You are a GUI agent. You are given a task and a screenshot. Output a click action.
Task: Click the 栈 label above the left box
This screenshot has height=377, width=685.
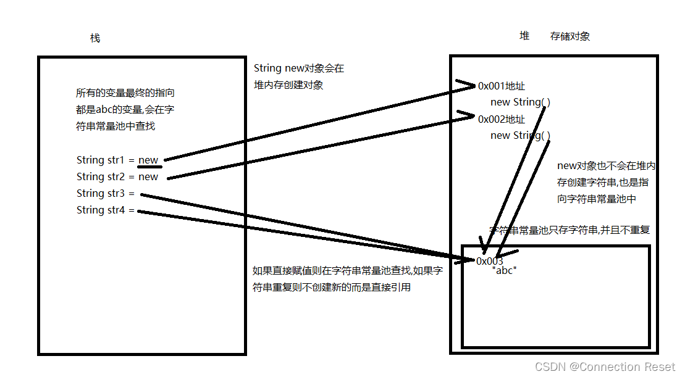(95, 38)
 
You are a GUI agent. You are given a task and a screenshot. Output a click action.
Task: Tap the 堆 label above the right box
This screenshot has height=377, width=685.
(524, 36)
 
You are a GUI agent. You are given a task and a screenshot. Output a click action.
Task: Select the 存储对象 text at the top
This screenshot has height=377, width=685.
(570, 36)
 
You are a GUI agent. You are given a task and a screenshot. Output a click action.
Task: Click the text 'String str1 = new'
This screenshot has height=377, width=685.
(117, 160)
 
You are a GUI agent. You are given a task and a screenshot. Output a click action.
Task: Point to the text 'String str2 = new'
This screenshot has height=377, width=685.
(117, 177)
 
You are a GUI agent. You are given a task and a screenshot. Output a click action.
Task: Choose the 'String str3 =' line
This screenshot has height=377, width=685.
(106, 194)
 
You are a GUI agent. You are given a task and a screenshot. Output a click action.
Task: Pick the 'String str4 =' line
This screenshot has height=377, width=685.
(106, 210)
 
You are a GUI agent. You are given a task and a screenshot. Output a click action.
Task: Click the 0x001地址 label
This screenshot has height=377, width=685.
(501, 86)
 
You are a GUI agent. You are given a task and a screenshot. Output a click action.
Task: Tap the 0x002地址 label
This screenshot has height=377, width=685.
(501, 119)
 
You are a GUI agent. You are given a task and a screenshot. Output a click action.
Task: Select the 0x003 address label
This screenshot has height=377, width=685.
(490, 261)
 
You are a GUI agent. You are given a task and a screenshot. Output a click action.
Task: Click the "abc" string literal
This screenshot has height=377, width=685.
(504, 271)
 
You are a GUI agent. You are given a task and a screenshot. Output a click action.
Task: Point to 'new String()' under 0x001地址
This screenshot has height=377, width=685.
(520, 102)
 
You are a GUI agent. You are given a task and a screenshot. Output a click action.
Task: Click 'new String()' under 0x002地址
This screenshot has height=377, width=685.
(520, 136)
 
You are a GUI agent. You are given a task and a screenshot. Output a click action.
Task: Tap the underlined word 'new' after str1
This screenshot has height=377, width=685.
(148, 160)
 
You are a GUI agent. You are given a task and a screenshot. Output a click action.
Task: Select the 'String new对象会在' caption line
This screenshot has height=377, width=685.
(299, 68)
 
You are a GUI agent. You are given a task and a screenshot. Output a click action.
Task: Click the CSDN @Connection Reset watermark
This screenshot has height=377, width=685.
(605, 367)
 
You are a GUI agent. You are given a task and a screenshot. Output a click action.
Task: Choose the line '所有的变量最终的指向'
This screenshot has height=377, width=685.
(125, 93)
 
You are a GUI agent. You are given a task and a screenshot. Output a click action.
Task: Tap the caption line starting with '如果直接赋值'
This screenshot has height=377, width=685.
(348, 271)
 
